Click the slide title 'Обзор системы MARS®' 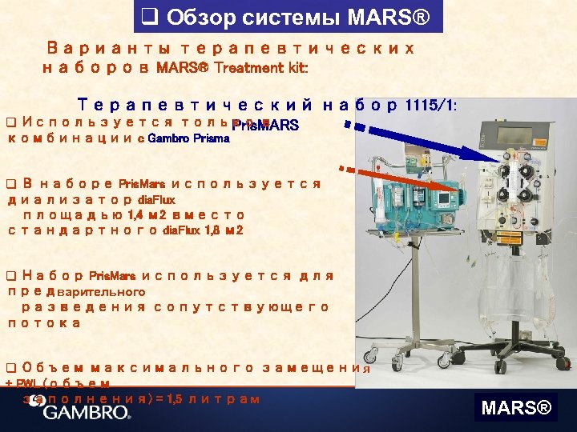point(288,16)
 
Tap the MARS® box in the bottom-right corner point(515,409)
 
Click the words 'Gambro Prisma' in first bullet point(189,138)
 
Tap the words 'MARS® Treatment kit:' point(232,68)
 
